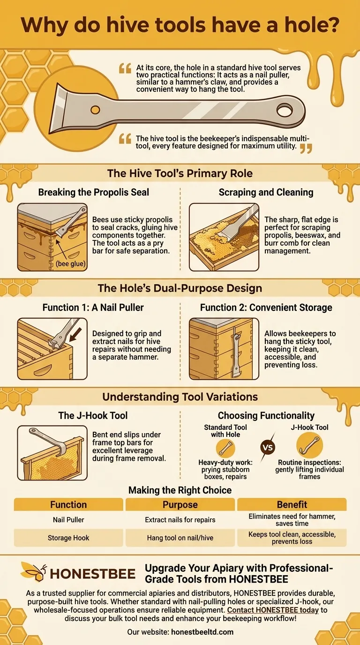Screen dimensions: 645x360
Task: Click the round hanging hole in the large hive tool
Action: point(284,111)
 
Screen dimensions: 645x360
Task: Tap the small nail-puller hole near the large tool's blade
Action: point(95,110)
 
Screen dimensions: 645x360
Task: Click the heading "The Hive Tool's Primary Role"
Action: point(180,173)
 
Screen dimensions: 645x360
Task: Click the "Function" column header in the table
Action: point(68,504)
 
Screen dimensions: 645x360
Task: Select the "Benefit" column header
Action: point(292,504)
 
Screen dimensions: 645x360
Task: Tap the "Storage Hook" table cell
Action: point(68,538)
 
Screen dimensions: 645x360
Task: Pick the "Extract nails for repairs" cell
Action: point(180,519)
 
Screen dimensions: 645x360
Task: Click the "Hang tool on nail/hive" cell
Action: point(180,538)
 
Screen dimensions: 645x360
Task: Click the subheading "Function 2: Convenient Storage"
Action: point(266,307)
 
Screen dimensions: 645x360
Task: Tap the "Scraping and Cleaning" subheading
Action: point(266,192)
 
